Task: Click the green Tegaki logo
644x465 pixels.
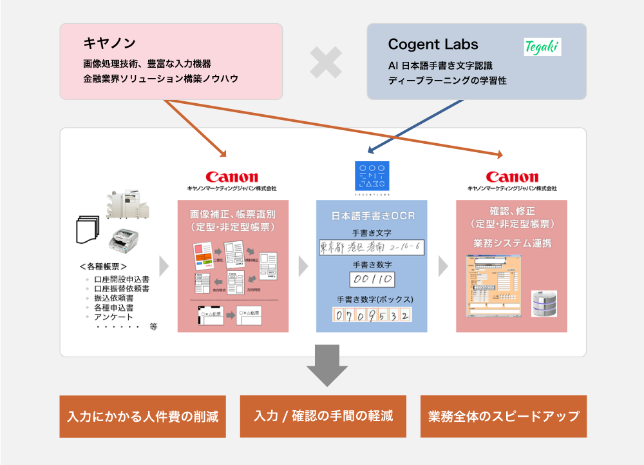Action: (542, 46)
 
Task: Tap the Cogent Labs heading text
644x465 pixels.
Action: (433, 45)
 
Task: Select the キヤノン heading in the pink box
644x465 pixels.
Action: (109, 43)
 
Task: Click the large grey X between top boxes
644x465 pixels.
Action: (325, 63)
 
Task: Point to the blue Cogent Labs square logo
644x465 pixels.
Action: (373, 175)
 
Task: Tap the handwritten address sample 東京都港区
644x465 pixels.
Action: (372, 247)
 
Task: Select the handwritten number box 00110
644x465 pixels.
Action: (372, 279)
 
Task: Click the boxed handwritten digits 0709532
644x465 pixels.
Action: (372, 315)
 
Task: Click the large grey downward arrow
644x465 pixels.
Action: (327, 366)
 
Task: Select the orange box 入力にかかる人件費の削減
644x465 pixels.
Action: (143, 416)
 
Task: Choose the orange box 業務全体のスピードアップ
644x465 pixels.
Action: (504, 416)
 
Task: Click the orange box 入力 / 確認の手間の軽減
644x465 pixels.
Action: (323, 416)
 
